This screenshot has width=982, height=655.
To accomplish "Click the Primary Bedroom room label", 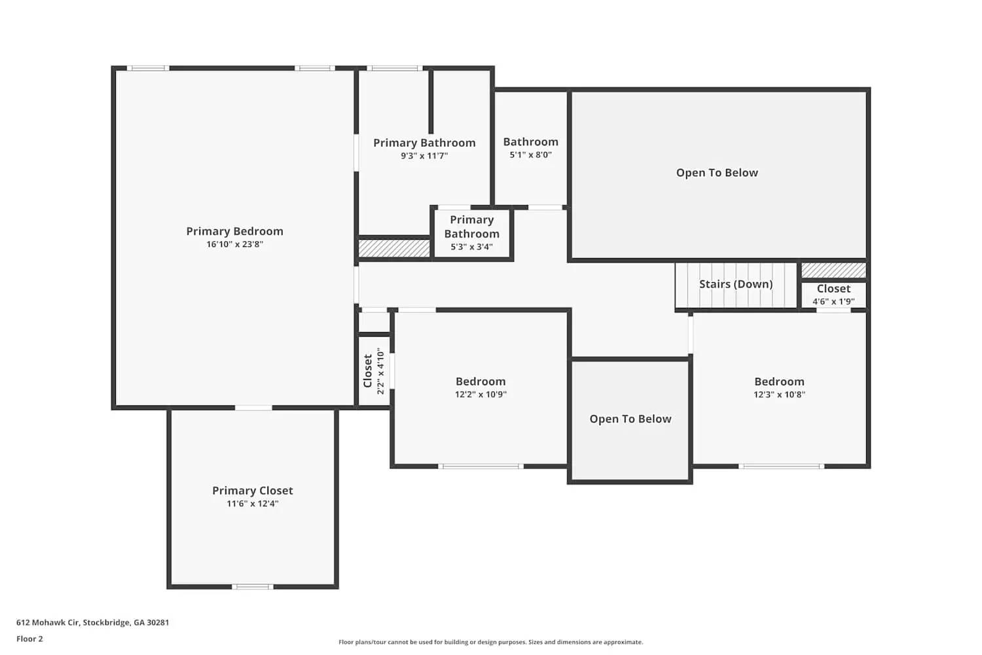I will point(234,231).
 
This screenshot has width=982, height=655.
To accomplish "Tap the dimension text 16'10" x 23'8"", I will point(234,244).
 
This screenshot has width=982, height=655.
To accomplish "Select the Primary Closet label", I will point(252,491).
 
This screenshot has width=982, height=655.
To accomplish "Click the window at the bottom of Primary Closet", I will point(253,586).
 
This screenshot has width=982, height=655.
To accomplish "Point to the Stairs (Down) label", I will point(736,284).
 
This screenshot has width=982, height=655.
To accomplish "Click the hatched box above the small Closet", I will point(833,270).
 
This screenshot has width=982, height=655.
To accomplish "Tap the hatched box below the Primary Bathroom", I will point(394,248).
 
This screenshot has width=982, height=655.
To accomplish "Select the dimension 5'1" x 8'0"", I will point(530,155).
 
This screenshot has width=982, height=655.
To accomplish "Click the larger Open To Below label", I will point(717,173).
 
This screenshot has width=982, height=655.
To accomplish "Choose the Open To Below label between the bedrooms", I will point(630,419).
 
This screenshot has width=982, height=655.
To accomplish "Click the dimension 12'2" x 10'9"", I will point(481,394).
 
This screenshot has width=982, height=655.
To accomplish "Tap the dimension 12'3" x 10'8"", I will point(779,394).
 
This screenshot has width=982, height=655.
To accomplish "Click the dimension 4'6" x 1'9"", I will point(833,301).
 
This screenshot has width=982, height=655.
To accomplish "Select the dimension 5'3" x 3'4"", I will point(471,247).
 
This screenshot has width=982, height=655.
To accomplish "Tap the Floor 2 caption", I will point(29,639).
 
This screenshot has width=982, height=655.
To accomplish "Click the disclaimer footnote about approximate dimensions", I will point(490,642).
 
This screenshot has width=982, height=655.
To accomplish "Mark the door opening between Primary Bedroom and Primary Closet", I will point(253,408).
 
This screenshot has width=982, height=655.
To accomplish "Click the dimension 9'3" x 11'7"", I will point(424,156).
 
